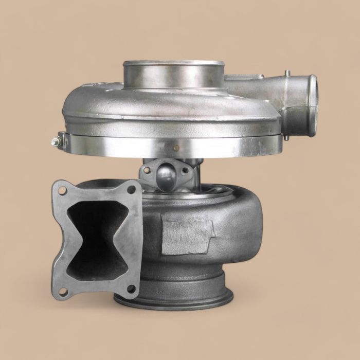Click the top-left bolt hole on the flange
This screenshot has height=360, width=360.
[x=62, y=190]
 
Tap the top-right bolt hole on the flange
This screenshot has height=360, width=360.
[x=132, y=189]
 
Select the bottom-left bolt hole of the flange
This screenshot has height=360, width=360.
[x=63, y=292]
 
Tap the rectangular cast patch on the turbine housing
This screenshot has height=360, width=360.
[x=187, y=234]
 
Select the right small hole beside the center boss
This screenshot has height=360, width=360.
[x=183, y=170]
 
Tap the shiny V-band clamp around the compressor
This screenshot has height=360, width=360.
[x=170, y=146]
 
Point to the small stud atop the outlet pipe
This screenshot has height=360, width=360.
[x=288, y=74]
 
